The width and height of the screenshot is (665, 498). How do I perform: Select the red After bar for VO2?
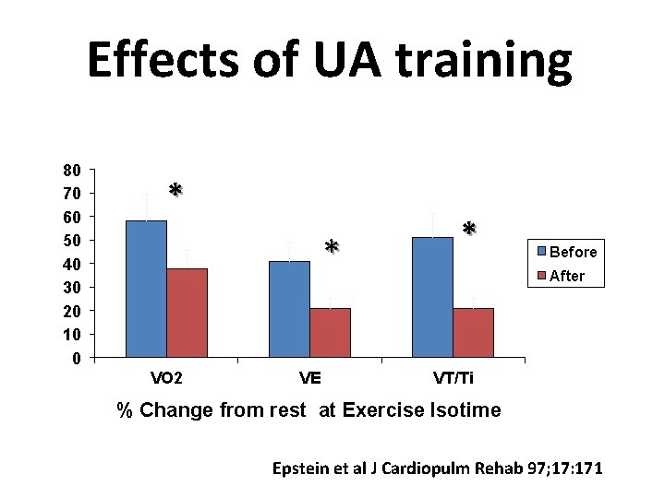coord(187,313)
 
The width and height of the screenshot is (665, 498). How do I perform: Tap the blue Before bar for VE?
coord(289,309)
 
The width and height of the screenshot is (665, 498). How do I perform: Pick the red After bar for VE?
coord(330,333)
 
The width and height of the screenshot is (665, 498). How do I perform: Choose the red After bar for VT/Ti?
coord(473,333)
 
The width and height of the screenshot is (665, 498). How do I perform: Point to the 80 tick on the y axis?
coord(72,170)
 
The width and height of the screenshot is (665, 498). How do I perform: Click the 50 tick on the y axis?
coord(72,241)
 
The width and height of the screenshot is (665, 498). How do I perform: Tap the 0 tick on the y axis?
coord(77,358)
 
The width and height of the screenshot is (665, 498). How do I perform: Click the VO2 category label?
coord(166,378)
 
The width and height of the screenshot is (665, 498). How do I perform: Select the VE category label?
coord(309,378)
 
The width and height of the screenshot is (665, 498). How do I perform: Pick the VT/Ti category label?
coord(453,378)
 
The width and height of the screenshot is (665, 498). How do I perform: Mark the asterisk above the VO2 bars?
coord(175,191)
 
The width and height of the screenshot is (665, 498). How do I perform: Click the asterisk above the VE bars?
coord(332,247)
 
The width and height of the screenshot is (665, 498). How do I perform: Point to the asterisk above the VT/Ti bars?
coord(469,229)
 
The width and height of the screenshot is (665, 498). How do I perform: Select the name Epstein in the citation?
coord(300,468)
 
